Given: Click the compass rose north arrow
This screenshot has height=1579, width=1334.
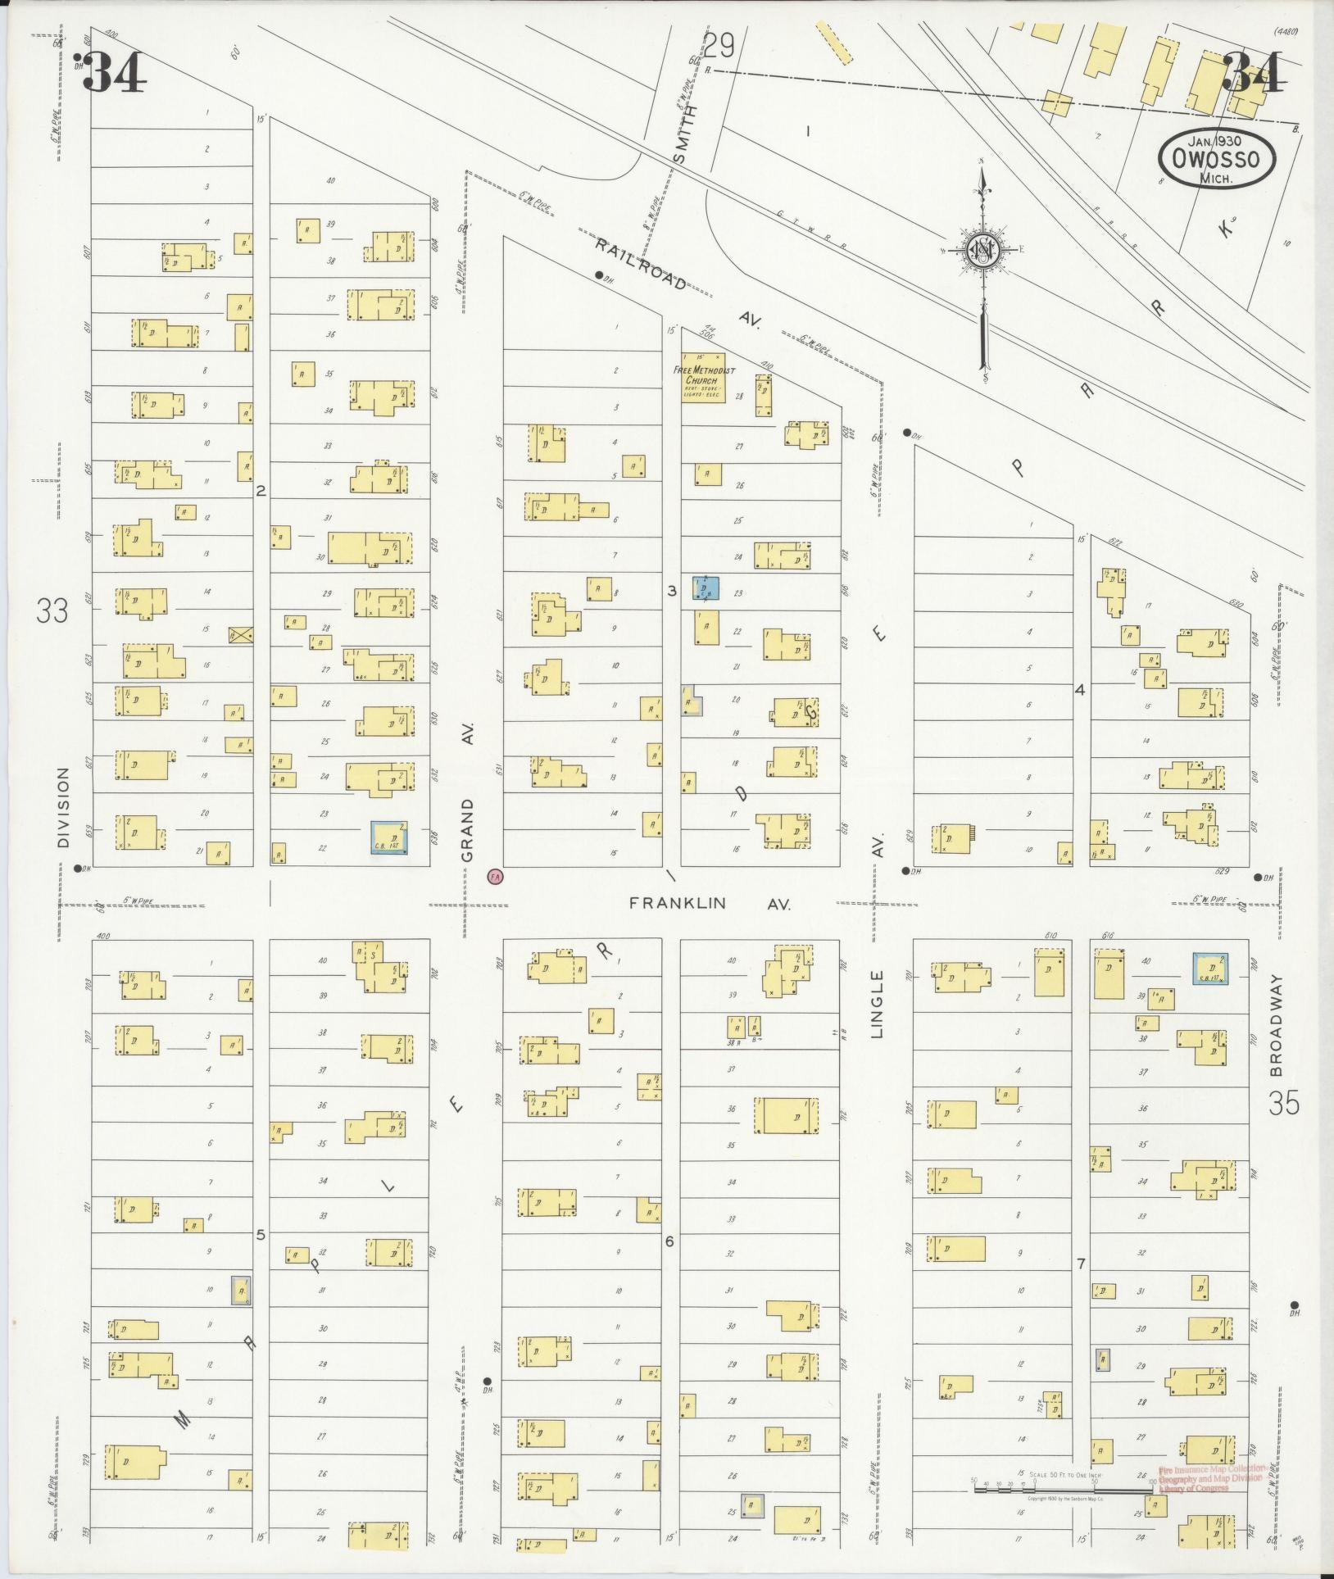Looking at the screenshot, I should click(981, 250).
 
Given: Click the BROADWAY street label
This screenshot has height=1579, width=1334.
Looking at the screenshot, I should click(1275, 1025).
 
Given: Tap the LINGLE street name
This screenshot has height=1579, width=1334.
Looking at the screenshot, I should click(878, 1004).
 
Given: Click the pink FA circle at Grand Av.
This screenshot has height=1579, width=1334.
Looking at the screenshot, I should click(494, 876).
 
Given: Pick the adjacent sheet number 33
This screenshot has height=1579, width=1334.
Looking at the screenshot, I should click(52, 610).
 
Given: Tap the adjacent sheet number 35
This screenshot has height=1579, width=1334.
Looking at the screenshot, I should click(1283, 1104).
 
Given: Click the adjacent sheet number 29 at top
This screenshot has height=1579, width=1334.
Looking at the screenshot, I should click(719, 47).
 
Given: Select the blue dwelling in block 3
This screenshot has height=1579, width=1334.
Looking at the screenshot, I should click(706, 588).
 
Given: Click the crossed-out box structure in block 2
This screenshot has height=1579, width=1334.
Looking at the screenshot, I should click(241, 634).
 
